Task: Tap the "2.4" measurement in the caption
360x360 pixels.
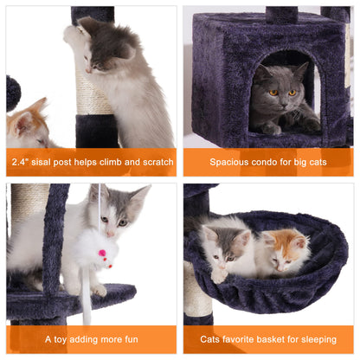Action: coord(22,162)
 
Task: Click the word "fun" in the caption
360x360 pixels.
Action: coord(128,339)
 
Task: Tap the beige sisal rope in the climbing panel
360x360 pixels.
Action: coord(93,91)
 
